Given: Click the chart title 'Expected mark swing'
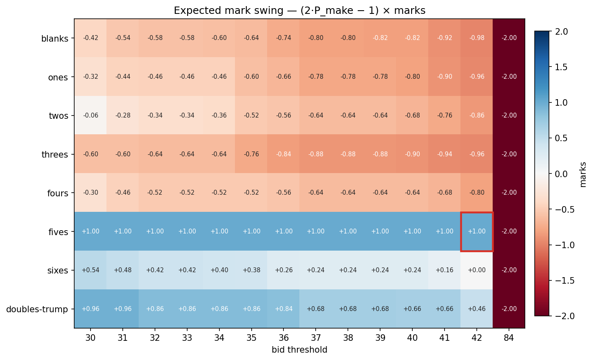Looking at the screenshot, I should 299,11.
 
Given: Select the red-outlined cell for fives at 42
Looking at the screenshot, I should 477,231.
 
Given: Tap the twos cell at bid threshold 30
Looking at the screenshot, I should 91,116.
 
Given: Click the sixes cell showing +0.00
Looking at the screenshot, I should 477,270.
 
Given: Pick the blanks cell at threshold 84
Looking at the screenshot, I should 509,38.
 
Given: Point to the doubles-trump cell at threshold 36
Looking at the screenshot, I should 284,309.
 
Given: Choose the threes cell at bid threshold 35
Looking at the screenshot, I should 252,154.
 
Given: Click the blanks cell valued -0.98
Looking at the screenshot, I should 477,38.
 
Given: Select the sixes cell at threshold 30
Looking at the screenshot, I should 91,270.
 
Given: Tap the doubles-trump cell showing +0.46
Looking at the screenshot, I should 477,309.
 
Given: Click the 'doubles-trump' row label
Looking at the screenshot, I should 37,309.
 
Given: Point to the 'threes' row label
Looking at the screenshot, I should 55,155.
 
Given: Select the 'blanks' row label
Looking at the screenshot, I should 55,39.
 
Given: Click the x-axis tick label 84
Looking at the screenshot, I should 509,338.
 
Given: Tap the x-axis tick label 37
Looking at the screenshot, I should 316,338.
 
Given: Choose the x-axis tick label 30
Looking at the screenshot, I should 91,338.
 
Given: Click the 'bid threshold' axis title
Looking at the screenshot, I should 299,350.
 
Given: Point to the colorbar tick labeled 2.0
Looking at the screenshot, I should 562,31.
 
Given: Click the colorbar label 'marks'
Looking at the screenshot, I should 583,174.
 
